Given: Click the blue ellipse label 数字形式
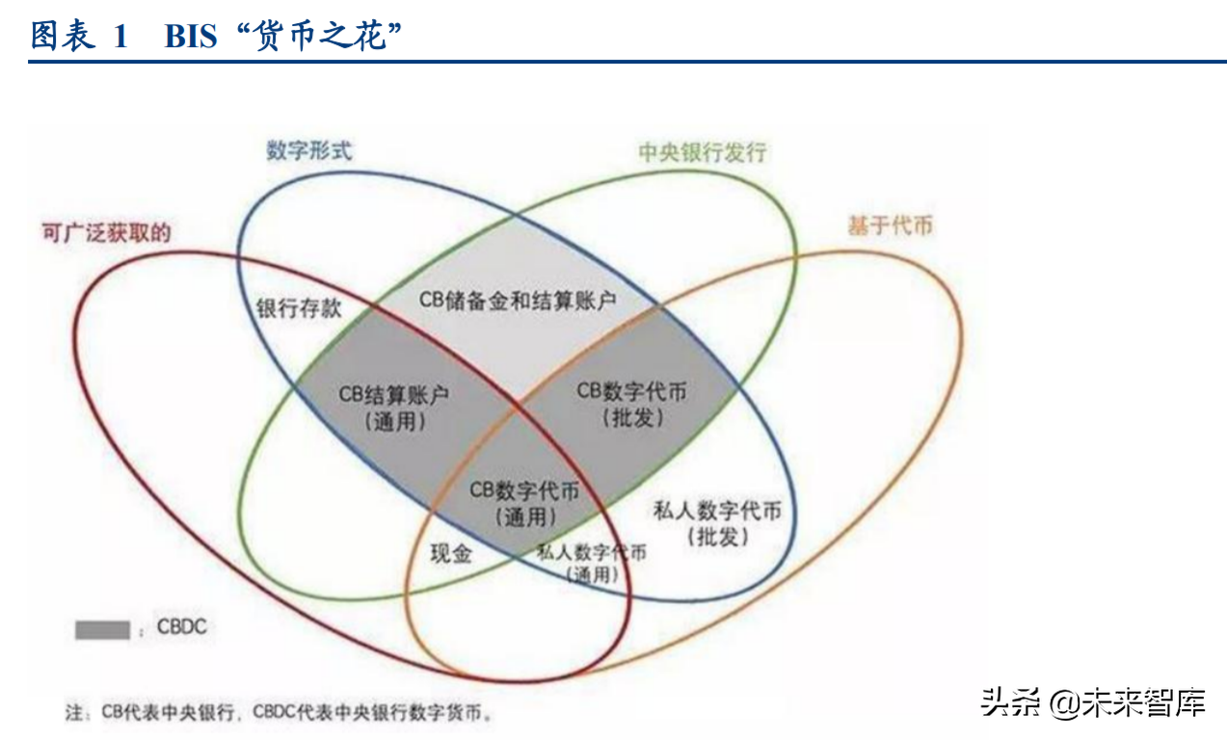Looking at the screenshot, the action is tap(309, 150).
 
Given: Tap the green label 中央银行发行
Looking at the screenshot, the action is tap(703, 152).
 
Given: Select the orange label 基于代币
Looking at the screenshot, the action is tap(890, 225).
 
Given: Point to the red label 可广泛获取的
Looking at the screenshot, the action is tap(107, 233).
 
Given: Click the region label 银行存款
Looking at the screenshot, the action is tap(299, 308).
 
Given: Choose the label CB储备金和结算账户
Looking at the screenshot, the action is tap(518, 301).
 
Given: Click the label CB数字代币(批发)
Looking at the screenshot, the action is tap(632, 405).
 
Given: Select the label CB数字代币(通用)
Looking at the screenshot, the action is tap(524, 503).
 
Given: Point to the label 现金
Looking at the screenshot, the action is tap(451, 554).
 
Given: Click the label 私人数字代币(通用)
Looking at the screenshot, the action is tap(592, 563).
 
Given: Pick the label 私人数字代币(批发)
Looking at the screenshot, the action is tap(717, 523).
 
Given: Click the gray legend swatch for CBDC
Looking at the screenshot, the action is tap(102, 630).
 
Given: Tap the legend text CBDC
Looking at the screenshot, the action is tap(182, 626).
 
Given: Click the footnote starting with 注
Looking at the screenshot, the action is tap(279, 712).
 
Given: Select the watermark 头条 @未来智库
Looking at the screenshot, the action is tap(1093, 702).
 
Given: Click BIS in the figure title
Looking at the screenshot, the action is tap(191, 37).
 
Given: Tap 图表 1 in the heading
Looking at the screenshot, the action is tap(79, 37).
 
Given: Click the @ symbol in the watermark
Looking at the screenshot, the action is tap(1064, 703).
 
